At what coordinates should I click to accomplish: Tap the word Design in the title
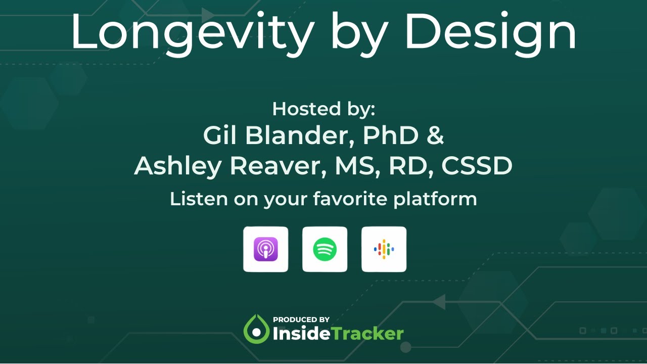[x=490, y=31]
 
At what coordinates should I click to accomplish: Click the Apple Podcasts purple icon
[x=266, y=249]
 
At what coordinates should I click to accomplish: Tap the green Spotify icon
[x=325, y=249]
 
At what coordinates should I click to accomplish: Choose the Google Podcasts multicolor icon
[x=384, y=249]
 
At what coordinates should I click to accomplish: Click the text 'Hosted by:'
[x=323, y=109]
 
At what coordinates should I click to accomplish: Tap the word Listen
[x=199, y=199]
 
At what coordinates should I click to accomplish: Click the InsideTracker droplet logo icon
[x=256, y=330]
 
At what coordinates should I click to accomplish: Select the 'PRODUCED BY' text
[x=301, y=320]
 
